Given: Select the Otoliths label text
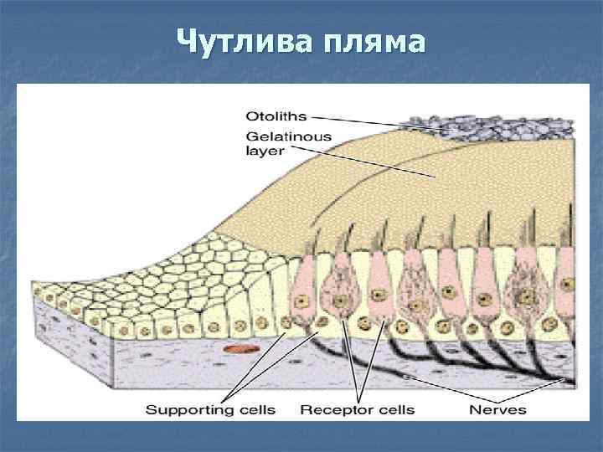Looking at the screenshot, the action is tap(276, 116).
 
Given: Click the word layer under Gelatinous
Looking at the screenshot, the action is tap(265, 152).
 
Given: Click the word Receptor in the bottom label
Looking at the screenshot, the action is tap(332, 409).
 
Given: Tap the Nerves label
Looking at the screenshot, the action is tap(497, 409).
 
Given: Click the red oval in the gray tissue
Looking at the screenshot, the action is tap(240, 348).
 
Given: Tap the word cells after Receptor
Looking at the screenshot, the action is tap(393, 409).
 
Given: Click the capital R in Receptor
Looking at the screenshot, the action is tap(305, 409).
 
